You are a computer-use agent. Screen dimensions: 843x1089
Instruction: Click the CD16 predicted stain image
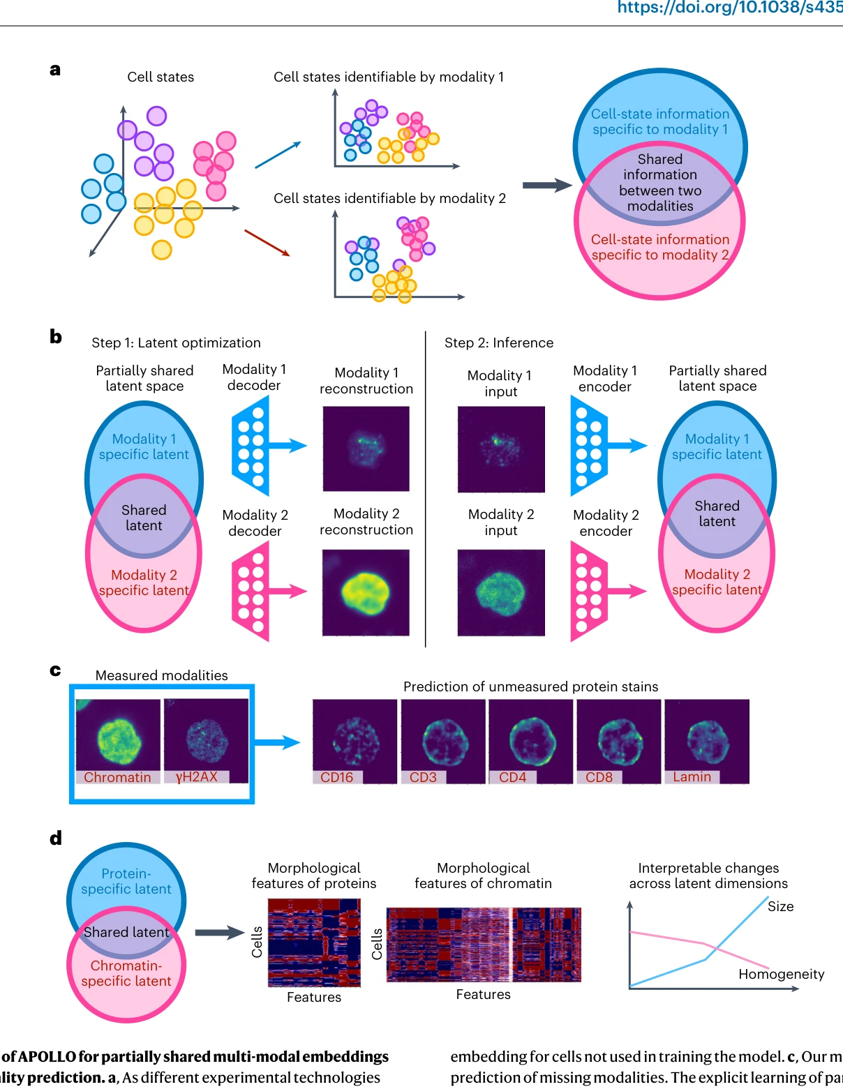click(x=355, y=741)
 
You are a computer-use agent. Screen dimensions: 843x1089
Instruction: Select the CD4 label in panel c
click(x=512, y=776)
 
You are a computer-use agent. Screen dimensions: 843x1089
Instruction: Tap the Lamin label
click(x=692, y=776)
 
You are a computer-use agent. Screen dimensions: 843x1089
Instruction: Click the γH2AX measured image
click(x=206, y=740)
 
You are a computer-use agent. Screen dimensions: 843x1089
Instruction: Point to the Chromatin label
click(x=117, y=776)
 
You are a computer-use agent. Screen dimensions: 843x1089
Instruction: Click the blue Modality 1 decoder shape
click(x=250, y=445)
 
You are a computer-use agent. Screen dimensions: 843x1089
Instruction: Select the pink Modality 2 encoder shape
click(x=589, y=591)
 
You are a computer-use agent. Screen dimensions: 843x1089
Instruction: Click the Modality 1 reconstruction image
click(x=366, y=449)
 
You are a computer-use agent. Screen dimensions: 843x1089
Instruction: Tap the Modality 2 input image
click(x=501, y=592)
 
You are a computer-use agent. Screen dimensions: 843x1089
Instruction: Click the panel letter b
click(x=56, y=336)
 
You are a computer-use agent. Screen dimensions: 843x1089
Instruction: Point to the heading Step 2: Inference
click(x=499, y=343)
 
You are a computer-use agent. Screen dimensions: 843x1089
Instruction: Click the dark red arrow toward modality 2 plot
click(x=267, y=243)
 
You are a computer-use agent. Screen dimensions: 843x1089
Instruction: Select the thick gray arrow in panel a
click(x=547, y=186)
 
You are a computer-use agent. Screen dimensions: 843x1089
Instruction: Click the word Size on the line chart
click(x=780, y=906)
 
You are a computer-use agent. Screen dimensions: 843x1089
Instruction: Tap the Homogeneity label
click(x=782, y=974)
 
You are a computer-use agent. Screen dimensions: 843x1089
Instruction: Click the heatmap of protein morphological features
click(x=314, y=942)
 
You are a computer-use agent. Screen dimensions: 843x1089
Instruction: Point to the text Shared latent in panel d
click(x=126, y=931)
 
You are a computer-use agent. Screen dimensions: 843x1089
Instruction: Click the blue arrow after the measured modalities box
click(x=277, y=742)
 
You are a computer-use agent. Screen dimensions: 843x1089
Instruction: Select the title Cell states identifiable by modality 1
click(x=389, y=77)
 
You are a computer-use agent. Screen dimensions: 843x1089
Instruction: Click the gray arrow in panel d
click(x=220, y=932)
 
